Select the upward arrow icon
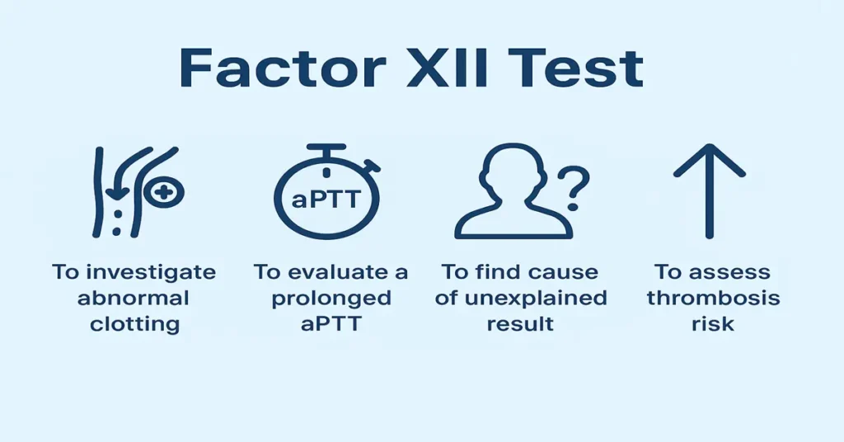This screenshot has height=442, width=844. click(709, 190)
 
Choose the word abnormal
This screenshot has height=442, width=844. click(134, 298)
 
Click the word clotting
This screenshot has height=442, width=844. click(134, 323)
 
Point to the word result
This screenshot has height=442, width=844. click(521, 323)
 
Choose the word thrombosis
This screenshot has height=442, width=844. click(712, 298)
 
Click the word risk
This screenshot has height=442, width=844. click(712, 323)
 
